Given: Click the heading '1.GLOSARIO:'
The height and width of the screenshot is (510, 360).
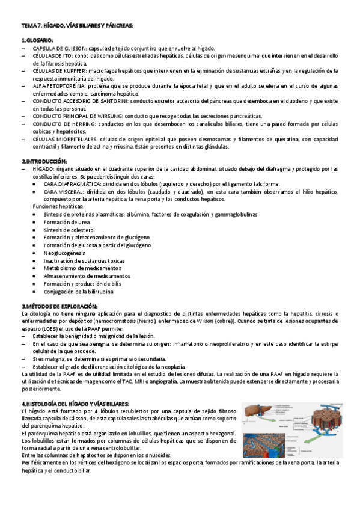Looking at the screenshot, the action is [37, 40].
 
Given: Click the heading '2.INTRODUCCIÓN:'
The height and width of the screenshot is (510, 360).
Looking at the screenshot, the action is [44, 161].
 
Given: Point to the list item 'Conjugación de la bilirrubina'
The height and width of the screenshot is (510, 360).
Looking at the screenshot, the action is [78, 292].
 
